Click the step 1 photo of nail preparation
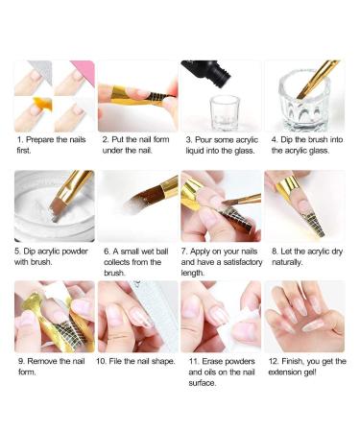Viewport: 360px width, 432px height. click(55, 96)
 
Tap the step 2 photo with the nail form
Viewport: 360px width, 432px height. click(137, 96)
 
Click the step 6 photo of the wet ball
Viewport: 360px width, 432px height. click(137, 204)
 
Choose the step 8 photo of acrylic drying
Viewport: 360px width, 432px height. click(303, 204)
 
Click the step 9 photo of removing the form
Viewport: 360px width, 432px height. click(55, 316)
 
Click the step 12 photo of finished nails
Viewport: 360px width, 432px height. click(303, 316)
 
